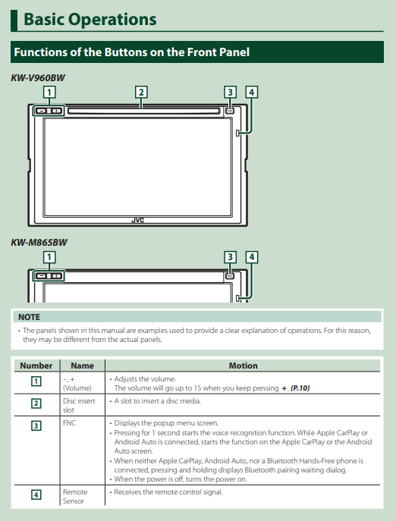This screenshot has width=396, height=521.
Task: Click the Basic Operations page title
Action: [90, 19]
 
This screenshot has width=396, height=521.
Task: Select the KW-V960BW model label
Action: [38, 78]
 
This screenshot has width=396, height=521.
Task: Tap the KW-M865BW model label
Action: [39, 242]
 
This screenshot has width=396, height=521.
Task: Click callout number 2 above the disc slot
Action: [141, 92]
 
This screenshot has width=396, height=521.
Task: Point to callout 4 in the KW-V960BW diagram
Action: [252, 92]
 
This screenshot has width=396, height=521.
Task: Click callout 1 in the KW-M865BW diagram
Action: [49, 257]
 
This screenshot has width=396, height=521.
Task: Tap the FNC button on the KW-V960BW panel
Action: [229, 111]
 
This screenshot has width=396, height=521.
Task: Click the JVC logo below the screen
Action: [137, 220]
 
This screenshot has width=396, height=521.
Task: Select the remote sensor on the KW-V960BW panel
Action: [237, 133]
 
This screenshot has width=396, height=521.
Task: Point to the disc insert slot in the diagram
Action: [143, 111]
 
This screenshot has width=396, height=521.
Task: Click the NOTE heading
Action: [30, 317]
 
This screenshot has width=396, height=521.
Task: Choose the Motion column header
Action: [243, 366]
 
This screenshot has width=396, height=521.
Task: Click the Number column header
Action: [36, 366]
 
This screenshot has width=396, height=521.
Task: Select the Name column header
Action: [82, 366]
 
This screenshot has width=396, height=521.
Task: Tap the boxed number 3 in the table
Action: [36, 425]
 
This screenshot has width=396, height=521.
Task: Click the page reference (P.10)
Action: [300, 388]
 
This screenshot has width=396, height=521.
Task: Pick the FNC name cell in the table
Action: [70, 423]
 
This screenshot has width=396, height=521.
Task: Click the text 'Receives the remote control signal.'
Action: [168, 491]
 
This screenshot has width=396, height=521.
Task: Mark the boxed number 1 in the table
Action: [36, 381]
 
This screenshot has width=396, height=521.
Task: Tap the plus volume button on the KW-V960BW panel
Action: [57, 111]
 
